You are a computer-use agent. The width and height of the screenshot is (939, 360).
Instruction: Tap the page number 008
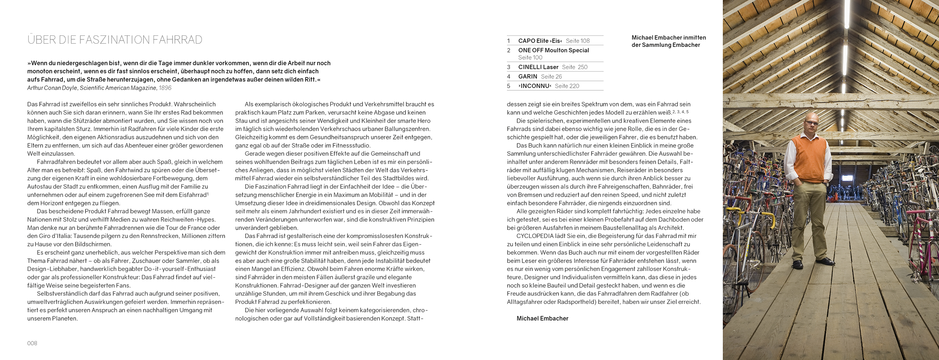pyautogui.click(x=32, y=343)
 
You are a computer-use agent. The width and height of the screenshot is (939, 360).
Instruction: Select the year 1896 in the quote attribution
pyautogui.click(x=165, y=88)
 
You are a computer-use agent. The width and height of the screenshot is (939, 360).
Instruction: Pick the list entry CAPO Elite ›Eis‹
pyautogui.click(x=540, y=41)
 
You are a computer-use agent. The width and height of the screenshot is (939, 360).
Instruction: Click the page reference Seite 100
pyautogui.click(x=530, y=58)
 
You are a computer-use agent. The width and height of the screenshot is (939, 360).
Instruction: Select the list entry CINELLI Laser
pyautogui.click(x=538, y=67)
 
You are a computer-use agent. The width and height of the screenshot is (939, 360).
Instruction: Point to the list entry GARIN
pyautogui.click(x=528, y=77)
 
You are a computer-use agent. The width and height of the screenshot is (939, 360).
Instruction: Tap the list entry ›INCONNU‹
pyautogui.click(x=535, y=86)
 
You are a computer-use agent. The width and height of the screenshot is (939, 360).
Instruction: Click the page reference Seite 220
pyautogui.click(x=567, y=86)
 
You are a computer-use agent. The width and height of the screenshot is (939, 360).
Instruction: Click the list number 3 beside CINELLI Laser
pyautogui.click(x=508, y=67)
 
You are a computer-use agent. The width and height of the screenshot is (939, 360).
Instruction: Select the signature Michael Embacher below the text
pyautogui.click(x=542, y=319)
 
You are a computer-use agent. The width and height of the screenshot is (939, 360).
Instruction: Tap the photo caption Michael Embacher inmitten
pyautogui.click(x=669, y=38)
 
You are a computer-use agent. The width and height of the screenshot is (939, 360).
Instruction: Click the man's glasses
pyautogui.click(x=811, y=123)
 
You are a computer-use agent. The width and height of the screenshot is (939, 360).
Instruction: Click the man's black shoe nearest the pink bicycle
pyautogui.click(x=826, y=261)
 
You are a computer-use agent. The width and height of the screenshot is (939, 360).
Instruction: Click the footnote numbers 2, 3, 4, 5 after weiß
pyautogui.click(x=680, y=112)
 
